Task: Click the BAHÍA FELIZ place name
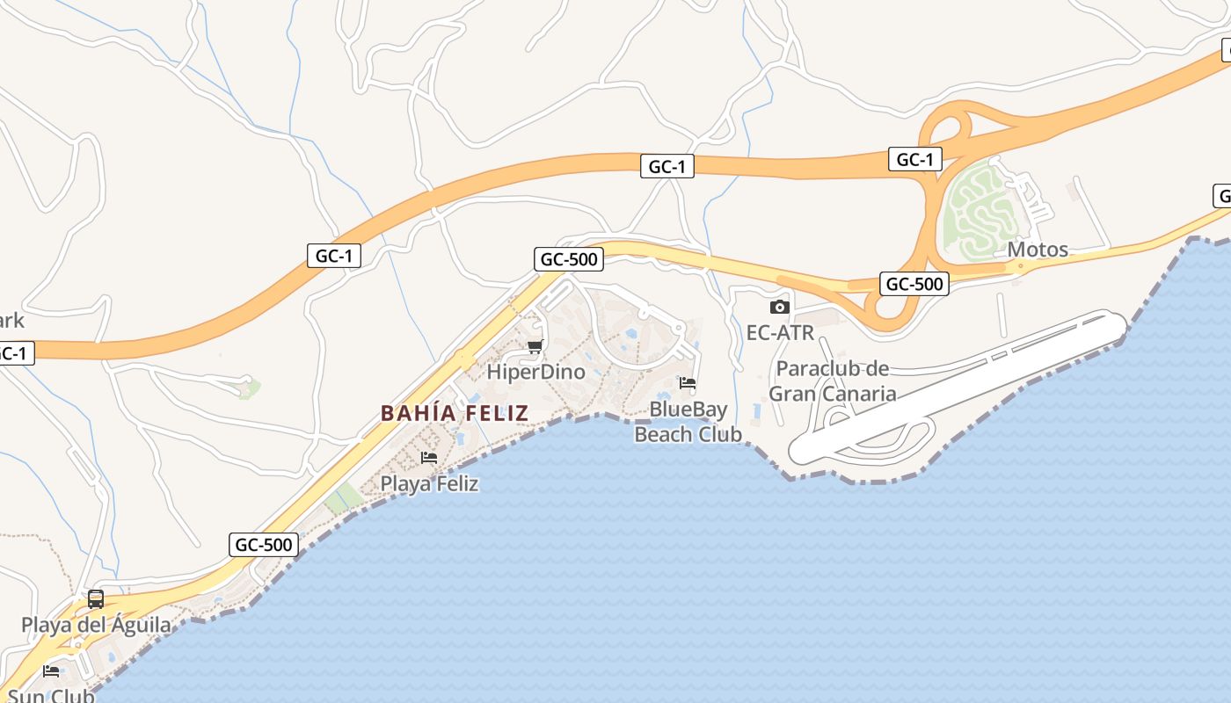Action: [x=455, y=413]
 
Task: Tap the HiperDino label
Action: [x=535, y=372]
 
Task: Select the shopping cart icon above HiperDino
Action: [x=535, y=346]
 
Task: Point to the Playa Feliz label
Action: [x=429, y=483]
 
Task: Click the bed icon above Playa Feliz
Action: [x=429, y=458]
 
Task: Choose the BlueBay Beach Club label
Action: [x=688, y=422]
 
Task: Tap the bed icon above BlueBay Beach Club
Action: [x=688, y=383]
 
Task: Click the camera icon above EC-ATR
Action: [x=779, y=307]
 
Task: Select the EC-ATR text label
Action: [x=780, y=333]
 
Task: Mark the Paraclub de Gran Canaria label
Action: [x=832, y=380]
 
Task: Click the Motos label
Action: [x=1038, y=250]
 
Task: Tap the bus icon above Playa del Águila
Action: [x=96, y=599]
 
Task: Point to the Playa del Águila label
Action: [x=96, y=626]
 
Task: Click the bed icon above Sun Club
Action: [x=51, y=671]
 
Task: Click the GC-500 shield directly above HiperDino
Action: [x=569, y=259]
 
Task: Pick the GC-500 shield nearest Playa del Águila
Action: [x=264, y=545]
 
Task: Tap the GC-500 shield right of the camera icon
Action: [x=914, y=284]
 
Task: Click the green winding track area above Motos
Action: [x=976, y=211]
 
